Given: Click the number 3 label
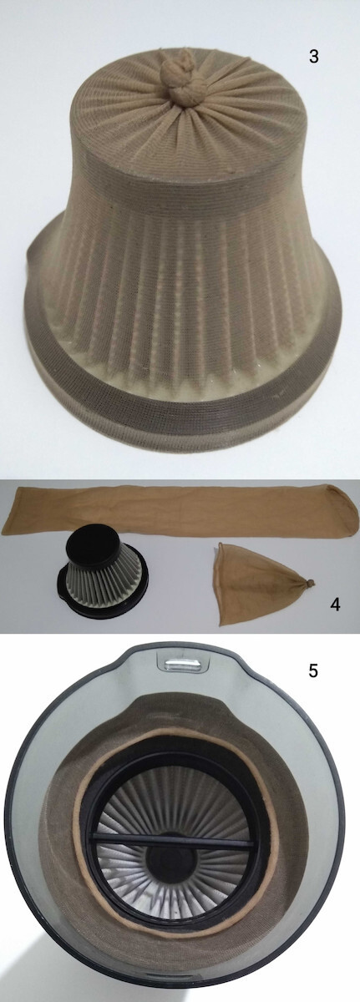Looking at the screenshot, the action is click(314, 57).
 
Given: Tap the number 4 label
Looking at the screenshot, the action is click(335, 605).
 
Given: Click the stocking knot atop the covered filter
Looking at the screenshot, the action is click(180, 80).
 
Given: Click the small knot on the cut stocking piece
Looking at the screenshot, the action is click(307, 584).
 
